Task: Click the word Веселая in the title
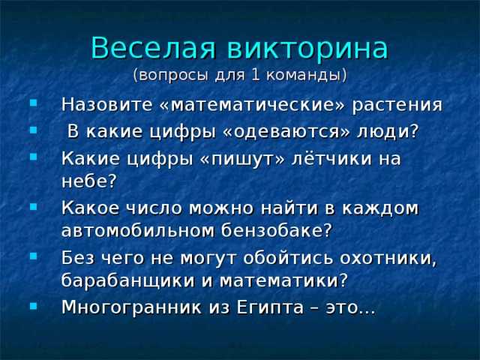pos(154,48)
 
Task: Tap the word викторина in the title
pos(308,49)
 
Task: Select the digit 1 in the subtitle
pos(255,75)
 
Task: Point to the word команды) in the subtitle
pos(307,76)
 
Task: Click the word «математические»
pos(252,105)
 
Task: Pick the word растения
pos(397,105)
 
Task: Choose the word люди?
pos(388,132)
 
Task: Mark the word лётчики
pos(331,158)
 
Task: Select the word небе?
pos(89,181)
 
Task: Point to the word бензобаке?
pos(277,230)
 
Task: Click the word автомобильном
pos(138,230)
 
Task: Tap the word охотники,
pos(388,258)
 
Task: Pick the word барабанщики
pos(128,280)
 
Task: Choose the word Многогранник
pos(132,307)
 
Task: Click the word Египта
pos(270,307)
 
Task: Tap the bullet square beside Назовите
pos(33,103)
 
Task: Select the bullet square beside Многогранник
pos(33,305)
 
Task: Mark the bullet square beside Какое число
pos(33,207)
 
